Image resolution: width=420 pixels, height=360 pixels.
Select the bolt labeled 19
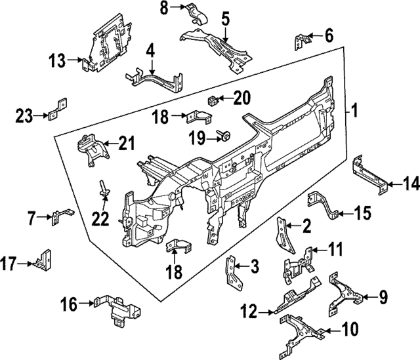[223, 137]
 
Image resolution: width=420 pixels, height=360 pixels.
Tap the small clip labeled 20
[213, 100]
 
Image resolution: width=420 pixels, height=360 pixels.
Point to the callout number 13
[57, 61]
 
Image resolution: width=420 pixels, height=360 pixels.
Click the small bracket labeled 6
[301, 41]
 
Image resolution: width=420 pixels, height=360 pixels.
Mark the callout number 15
[363, 212]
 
